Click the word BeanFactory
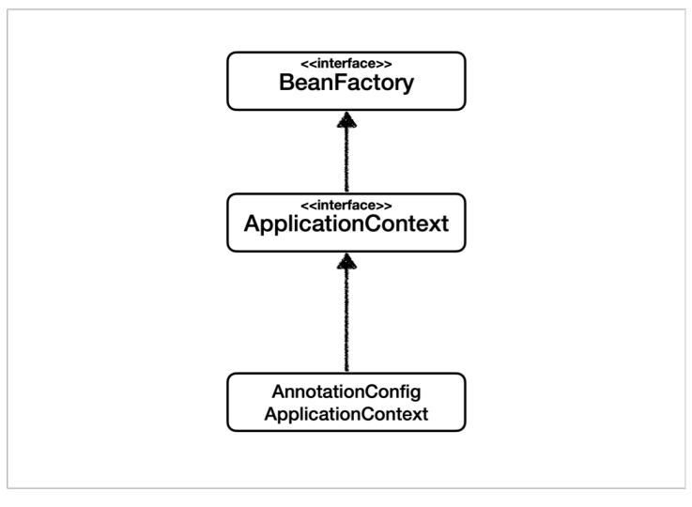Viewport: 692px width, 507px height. click(346, 83)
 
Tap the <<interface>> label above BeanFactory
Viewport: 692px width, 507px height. click(346, 64)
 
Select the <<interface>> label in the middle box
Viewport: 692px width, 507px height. click(346, 206)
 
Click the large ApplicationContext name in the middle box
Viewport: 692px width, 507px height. click(346, 223)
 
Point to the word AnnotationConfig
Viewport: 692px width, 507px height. click(346, 392)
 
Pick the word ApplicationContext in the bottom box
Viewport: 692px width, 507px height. click(346, 414)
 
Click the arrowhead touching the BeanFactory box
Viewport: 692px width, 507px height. click(346, 120)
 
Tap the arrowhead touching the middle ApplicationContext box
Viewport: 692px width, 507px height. click(346, 261)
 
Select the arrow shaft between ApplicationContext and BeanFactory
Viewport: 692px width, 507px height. click(346, 160)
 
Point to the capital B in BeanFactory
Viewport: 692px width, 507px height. click(287, 82)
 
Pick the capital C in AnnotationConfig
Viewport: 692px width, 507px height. click(374, 392)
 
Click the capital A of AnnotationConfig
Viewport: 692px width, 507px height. click(280, 392)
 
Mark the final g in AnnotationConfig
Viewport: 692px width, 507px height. click(416, 394)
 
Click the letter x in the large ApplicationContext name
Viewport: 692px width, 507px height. click(433, 225)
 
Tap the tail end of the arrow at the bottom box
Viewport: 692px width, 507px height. click(346, 372)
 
